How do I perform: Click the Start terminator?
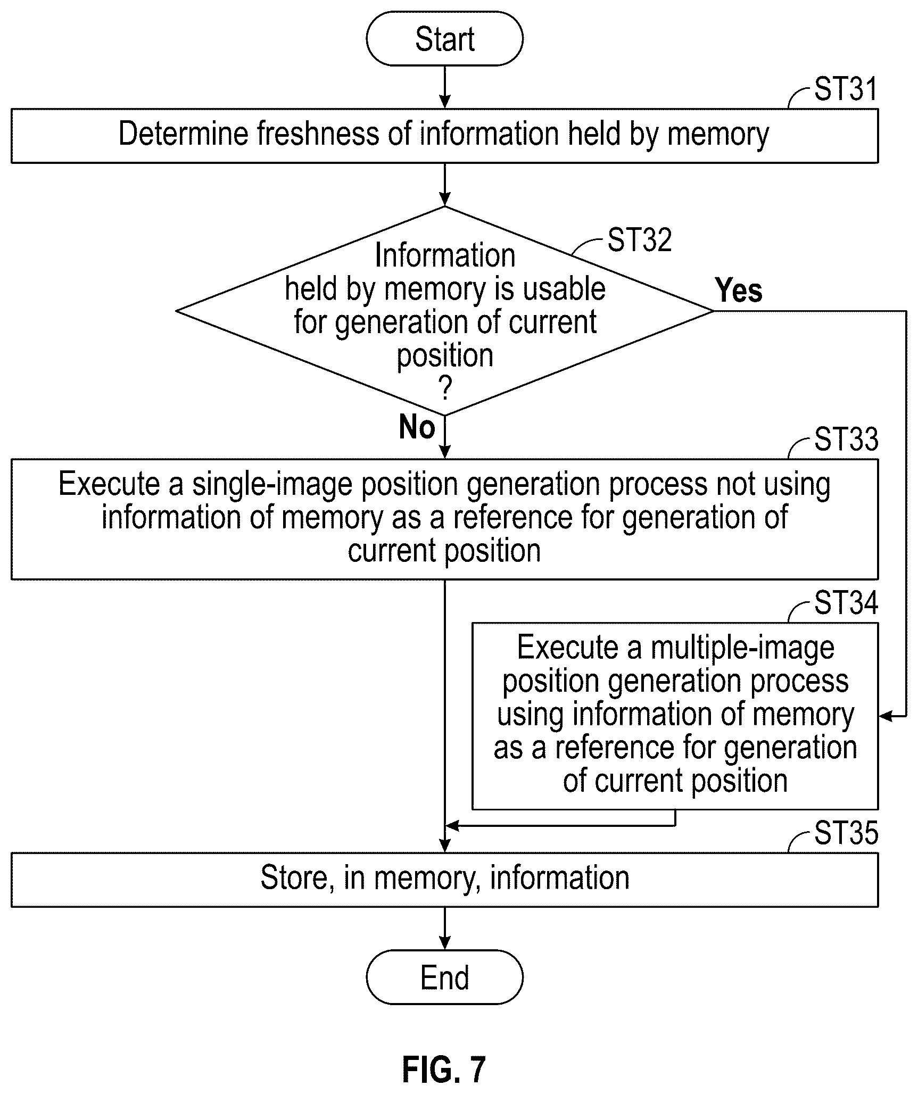(x=444, y=39)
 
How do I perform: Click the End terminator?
(x=444, y=977)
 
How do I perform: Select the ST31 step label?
(x=846, y=89)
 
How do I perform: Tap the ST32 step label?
(x=640, y=240)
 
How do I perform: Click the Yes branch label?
(x=739, y=291)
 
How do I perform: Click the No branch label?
(x=417, y=427)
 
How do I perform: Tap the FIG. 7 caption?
(x=444, y=1070)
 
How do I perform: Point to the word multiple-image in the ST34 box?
(x=742, y=649)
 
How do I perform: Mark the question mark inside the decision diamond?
(x=445, y=388)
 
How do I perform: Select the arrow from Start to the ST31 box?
(x=444, y=87)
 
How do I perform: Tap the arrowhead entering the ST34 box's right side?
(x=884, y=716)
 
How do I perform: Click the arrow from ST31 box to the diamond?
(x=444, y=185)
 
